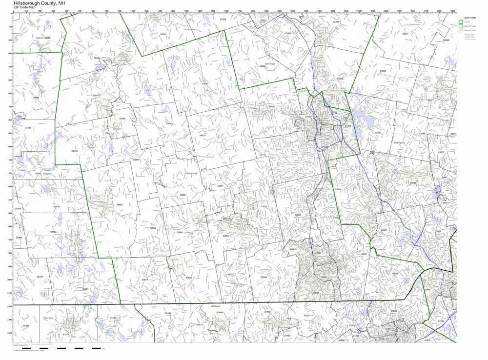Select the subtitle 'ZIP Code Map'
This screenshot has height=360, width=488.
tap(25, 8)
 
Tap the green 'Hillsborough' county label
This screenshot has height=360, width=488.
tap(192, 173)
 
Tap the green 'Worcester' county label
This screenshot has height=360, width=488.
tap(48, 318)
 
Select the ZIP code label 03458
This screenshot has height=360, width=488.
tap(119, 204)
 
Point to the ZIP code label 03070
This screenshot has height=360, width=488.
tap(202, 135)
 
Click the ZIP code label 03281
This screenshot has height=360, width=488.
tap(205, 83)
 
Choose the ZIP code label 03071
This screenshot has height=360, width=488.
tap(145, 280)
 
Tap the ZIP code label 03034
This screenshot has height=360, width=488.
tap(383, 71)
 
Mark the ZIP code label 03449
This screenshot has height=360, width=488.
tap(75, 151)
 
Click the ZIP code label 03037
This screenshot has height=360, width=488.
tap(405, 34)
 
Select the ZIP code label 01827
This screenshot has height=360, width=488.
tap(306, 316)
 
